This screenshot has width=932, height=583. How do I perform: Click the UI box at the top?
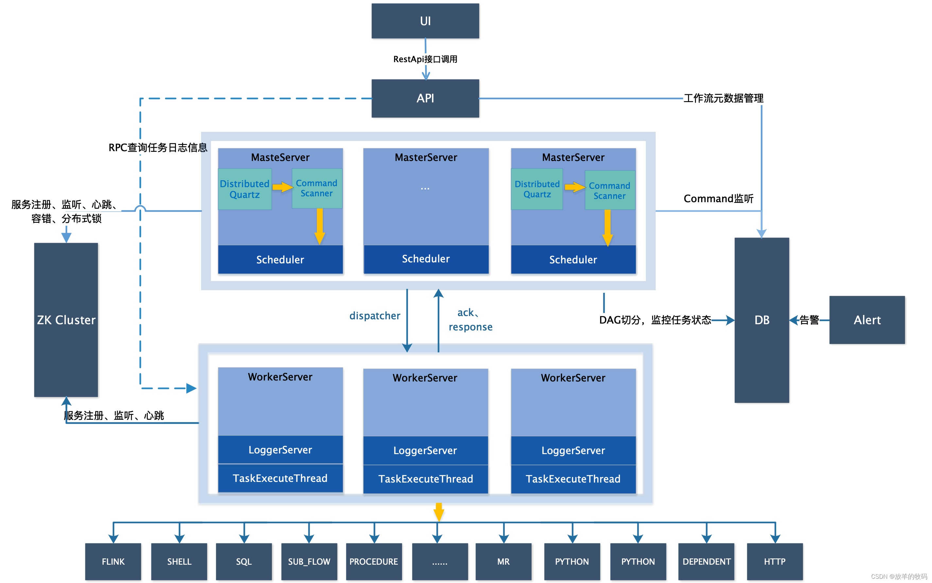point(425,21)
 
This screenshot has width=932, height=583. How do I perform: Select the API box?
point(425,98)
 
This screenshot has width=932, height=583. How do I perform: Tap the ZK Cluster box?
point(66,320)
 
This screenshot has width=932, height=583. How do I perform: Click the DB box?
point(761,320)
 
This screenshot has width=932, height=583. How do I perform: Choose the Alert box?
point(867,320)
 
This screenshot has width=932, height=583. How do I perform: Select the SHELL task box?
point(179,561)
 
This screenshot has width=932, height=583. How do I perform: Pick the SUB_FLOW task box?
point(309,561)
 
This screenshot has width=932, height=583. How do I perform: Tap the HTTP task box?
point(774,561)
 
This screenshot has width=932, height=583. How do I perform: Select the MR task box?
point(503,561)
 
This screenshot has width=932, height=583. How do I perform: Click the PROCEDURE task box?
point(373,561)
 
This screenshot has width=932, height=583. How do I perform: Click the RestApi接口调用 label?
point(425,59)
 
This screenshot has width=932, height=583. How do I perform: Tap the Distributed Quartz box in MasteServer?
point(244,189)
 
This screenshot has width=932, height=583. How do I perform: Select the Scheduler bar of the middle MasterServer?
point(425,259)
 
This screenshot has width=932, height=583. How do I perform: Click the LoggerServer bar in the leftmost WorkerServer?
point(280,450)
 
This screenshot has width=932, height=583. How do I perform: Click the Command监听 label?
point(718,199)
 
